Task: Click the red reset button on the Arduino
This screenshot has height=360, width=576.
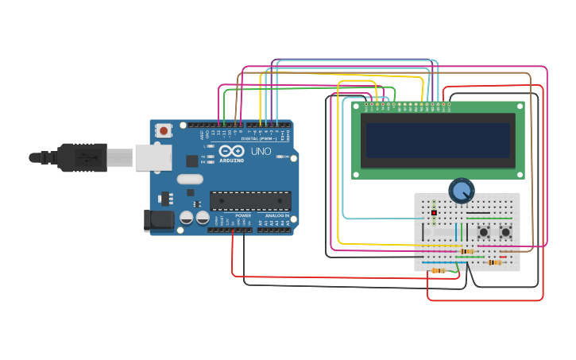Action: pos(164,130)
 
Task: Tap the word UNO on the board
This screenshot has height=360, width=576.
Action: pos(261,151)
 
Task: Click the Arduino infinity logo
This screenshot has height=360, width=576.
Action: pos(232,150)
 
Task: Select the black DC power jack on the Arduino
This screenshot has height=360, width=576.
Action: pos(157,220)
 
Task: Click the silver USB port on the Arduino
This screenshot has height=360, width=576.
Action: pos(153,157)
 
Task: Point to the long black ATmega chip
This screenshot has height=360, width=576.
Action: pos(250,201)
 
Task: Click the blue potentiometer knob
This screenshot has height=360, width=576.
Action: pos(461,191)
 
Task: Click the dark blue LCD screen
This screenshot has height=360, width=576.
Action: pos(438,140)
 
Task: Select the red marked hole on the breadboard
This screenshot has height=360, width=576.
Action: pos(434,213)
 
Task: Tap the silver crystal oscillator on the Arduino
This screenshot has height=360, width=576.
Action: pos(191,180)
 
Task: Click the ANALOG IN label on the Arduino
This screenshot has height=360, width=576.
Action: pos(277,215)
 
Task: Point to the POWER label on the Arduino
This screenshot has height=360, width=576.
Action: pos(243,215)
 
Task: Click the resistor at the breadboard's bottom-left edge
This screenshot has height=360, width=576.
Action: pos(438,271)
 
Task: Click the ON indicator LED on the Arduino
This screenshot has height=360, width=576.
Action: pos(280,157)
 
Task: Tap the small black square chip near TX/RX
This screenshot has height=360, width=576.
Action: pos(191,161)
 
